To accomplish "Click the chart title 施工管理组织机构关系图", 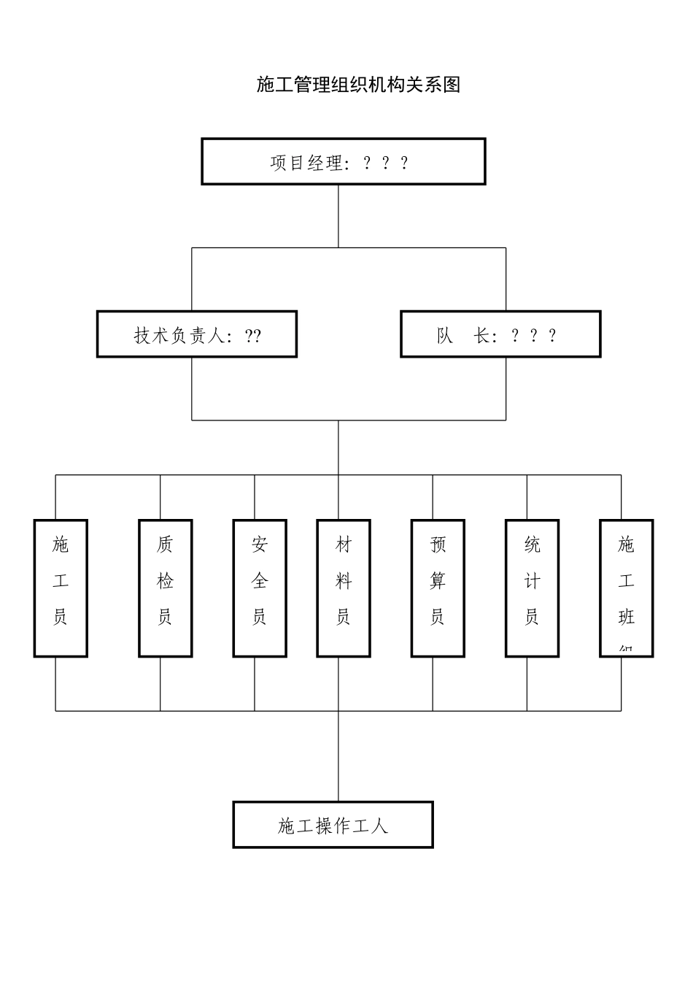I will [x=358, y=85].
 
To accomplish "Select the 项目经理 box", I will [x=343, y=162].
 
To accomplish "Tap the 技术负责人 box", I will [x=197, y=334].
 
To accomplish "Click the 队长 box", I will [x=500, y=334].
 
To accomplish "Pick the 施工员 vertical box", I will [x=61, y=588].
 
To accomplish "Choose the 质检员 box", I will [x=166, y=588].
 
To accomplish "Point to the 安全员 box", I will [x=260, y=588].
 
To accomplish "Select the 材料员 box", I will [x=344, y=588].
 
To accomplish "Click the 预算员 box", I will [x=438, y=588].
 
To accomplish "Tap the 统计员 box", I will [x=533, y=588].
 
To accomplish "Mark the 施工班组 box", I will [x=627, y=588].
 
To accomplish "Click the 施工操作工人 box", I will [x=333, y=825].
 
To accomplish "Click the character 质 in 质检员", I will [x=166, y=544].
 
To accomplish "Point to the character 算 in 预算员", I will [x=438, y=581].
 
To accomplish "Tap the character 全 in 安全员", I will [x=260, y=581].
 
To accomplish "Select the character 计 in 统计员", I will [x=533, y=581].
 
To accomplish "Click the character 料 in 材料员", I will [x=344, y=581].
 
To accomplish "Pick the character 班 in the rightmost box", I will [x=627, y=618].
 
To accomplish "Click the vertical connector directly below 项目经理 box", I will [x=338, y=216].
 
